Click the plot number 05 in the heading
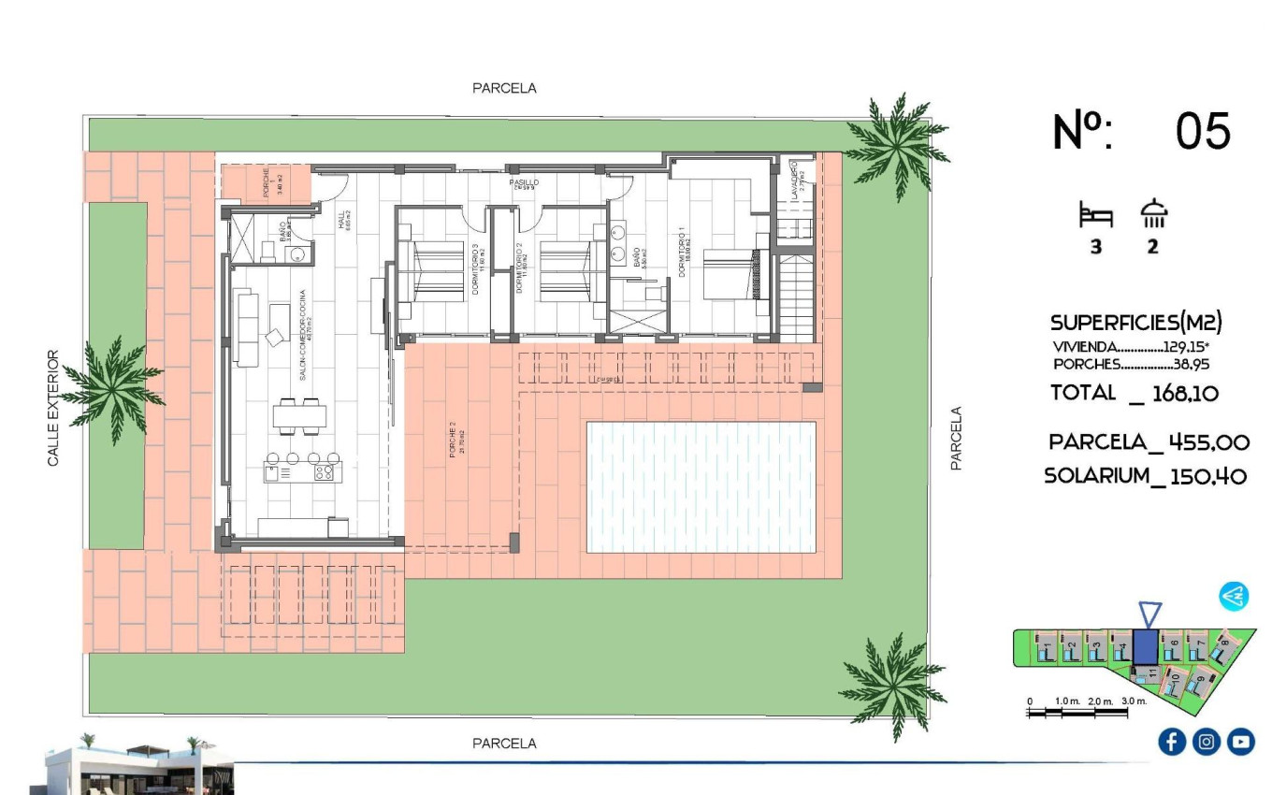pos(1203,130)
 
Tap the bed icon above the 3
pos(1096,216)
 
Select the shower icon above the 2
pos(1153,215)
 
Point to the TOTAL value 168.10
pos(1185,394)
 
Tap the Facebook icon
pos(1172,742)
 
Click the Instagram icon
pos(1207,742)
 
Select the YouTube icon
pos(1241,742)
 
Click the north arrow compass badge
pos(1234,596)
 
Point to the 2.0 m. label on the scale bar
pos(1101,701)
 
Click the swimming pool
pos(701,486)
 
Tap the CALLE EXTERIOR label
pos(53,409)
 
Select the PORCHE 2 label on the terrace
pos(452,440)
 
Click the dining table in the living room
pos(300,414)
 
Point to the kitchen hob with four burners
pos(324,472)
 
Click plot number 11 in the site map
pos(1153,672)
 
